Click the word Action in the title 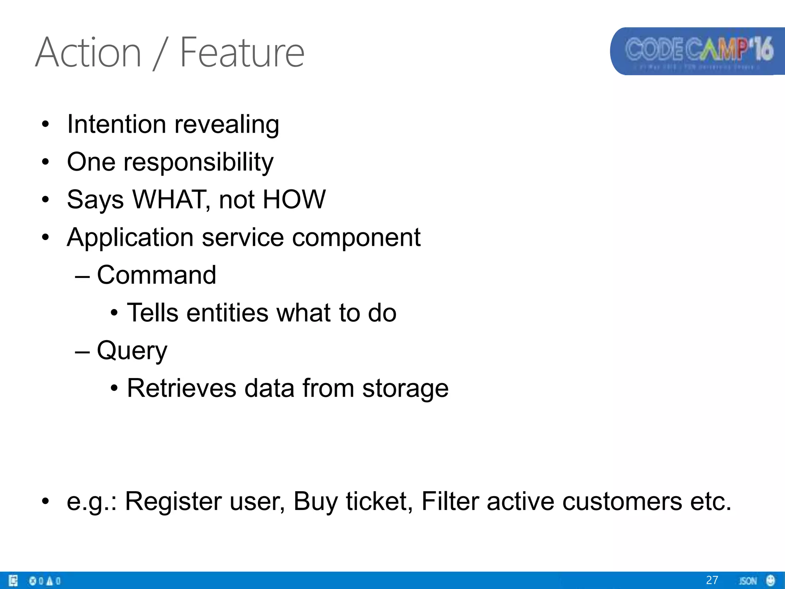(x=89, y=52)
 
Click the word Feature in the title (x=242, y=52)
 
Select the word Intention (x=116, y=124)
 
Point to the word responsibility (x=198, y=162)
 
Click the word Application (x=130, y=237)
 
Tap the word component (x=356, y=237)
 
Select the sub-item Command (x=156, y=275)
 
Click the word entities (x=227, y=313)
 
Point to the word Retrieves (x=181, y=388)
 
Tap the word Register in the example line (x=173, y=501)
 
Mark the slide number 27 (x=712, y=580)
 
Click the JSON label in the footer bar (x=747, y=581)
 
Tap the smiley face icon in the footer (x=770, y=580)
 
